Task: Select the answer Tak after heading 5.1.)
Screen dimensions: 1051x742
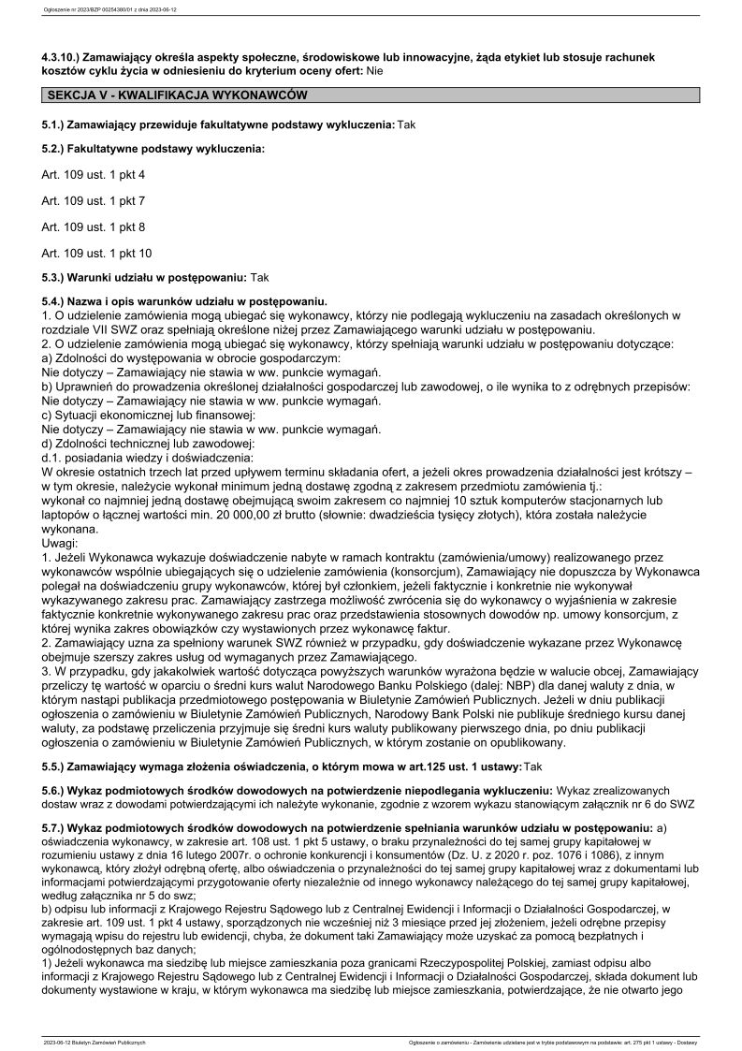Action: pos(406,124)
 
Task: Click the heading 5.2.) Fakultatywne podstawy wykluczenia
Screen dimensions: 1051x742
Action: pos(153,149)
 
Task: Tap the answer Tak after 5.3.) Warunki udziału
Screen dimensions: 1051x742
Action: pos(259,278)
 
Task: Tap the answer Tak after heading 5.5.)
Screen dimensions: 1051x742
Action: pos(533,766)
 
